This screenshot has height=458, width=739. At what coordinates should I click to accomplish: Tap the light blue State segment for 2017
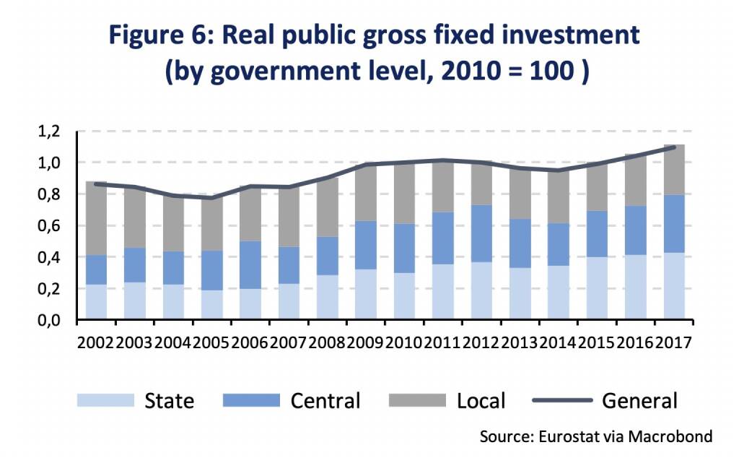pos(673,285)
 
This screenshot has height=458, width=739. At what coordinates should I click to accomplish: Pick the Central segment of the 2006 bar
pos(250,264)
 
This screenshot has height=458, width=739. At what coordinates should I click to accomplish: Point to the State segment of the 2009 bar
pos(366,294)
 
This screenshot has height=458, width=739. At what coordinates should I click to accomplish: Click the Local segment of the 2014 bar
pos(558,196)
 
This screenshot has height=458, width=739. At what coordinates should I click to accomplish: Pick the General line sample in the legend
pos(561,400)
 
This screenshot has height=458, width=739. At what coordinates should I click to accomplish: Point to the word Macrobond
pos(675,436)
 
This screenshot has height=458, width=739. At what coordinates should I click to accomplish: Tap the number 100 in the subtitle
pos(549,73)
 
